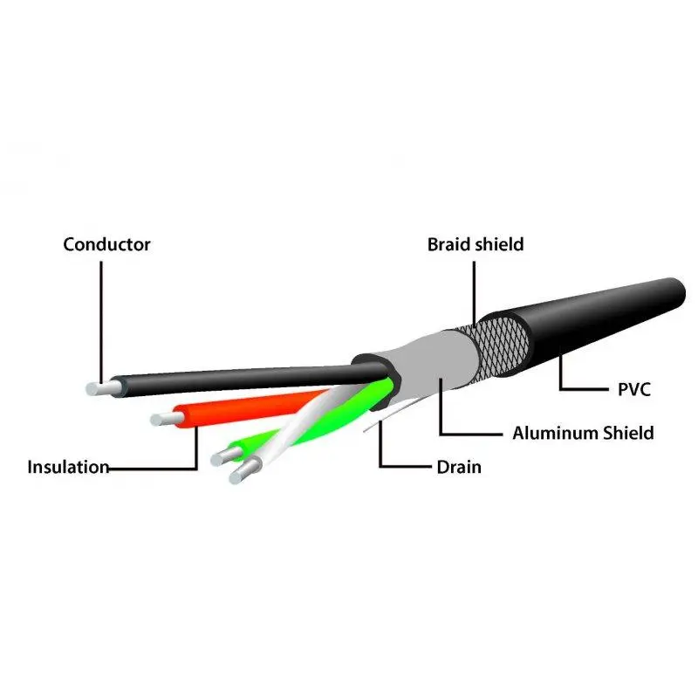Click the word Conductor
pos(106,244)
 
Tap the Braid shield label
pos(476,244)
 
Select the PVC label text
pos(634,389)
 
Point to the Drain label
pos(459,467)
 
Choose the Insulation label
pos(68,467)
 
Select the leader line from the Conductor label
pos(100,314)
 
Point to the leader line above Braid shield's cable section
pos(475,288)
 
